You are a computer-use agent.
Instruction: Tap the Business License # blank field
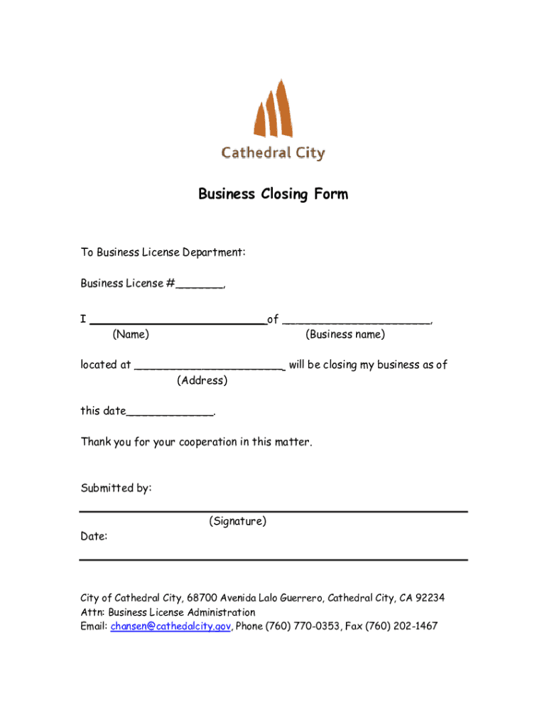click(x=200, y=284)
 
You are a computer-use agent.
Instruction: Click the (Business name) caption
click(x=345, y=334)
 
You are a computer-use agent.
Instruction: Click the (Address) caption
click(x=202, y=380)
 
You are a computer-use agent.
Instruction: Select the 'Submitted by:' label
click(x=116, y=488)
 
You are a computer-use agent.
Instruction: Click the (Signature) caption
click(x=238, y=522)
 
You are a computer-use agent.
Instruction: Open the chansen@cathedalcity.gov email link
click(x=170, y=626)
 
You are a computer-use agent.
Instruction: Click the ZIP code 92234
click(x=430, y=598)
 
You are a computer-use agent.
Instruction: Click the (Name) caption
click(x=131, y=334)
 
